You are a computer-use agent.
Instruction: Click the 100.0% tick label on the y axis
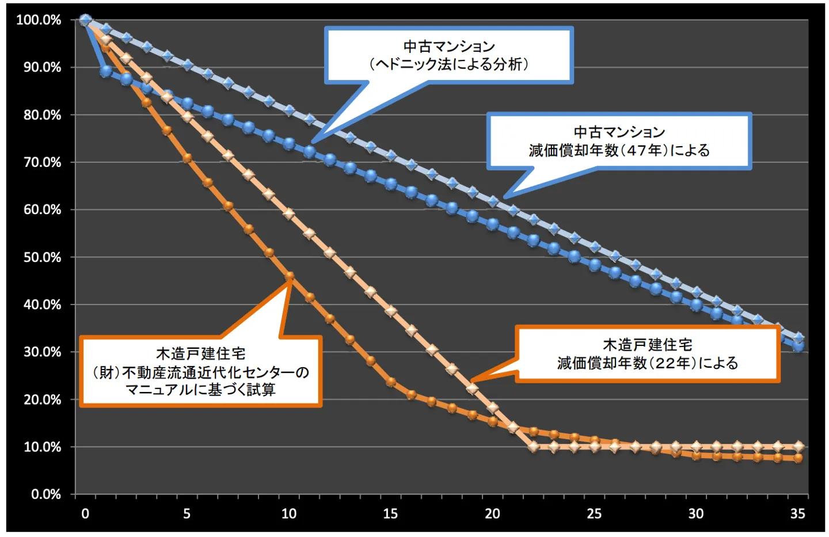click(x=39, y=20)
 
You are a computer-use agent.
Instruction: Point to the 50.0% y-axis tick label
click(x=42, y=257)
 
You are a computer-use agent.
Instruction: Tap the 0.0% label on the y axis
click(x=45, y=494)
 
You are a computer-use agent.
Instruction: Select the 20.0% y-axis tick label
click(x=42, y=399)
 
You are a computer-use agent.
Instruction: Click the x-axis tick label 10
click(x=288, y=513)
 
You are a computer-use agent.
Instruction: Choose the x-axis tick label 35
click(x=797, y=513)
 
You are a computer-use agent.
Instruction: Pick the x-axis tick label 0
click(x=85, y=513)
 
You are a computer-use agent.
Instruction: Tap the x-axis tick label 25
click(x=594, y=513)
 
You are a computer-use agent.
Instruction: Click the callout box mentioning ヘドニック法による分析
click(x=448, y=55)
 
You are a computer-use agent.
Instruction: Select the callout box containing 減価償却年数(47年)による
click(x=619, y=141)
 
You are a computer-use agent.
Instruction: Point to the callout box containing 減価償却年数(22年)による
click(x=647, y=354)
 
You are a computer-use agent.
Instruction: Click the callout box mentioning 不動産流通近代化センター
click(x=200, y=372)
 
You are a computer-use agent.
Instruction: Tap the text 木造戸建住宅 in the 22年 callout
click(x=647, y=345)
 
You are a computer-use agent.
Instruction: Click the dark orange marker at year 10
click(x=290, y=276)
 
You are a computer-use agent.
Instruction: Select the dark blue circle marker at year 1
click(x=106, y=71)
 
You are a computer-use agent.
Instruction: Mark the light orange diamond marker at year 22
click(x=534, y=447)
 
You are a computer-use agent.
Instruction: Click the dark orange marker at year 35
click(x=798, y=458)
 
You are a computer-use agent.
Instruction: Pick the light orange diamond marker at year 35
click(x=798, y=447)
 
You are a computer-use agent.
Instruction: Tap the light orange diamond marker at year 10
click(x=289, y=214)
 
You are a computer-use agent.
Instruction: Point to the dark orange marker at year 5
click(x=187, y=158)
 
